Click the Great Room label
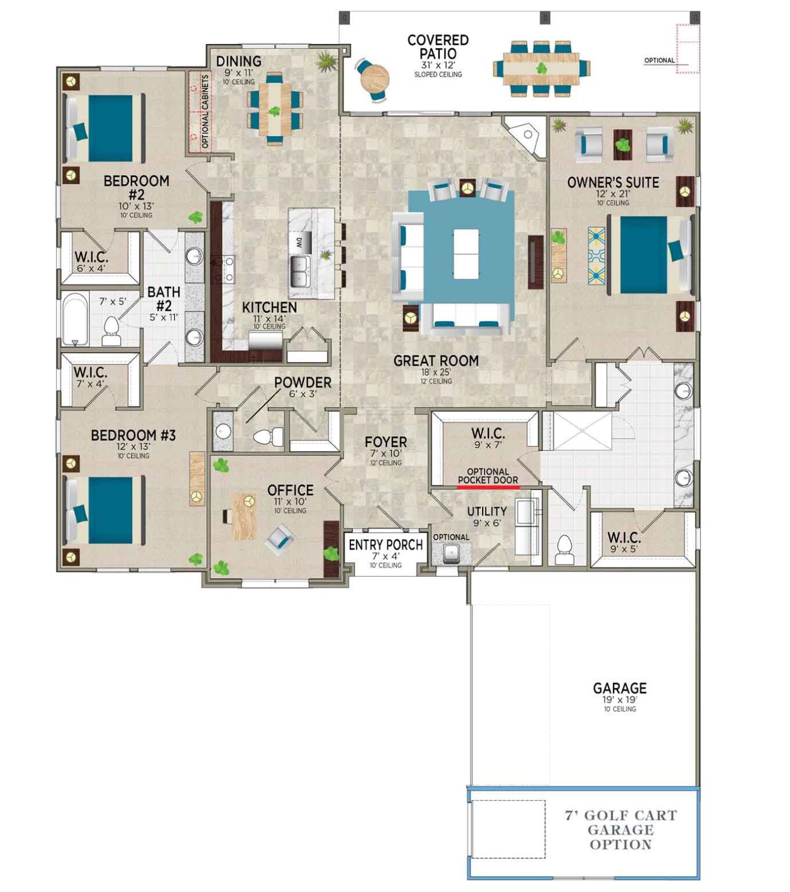436,361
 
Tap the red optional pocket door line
488,488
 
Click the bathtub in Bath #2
75,319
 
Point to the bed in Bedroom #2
105,128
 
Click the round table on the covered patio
375,78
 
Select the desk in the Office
243,516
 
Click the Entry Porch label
386,545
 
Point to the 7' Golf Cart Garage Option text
621,830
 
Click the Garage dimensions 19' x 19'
620,700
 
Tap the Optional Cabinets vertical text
204,111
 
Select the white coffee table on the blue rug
466,254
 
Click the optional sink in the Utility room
451,553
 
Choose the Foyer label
386,443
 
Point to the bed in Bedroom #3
105,510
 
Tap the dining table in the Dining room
274,109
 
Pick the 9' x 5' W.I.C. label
624,538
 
